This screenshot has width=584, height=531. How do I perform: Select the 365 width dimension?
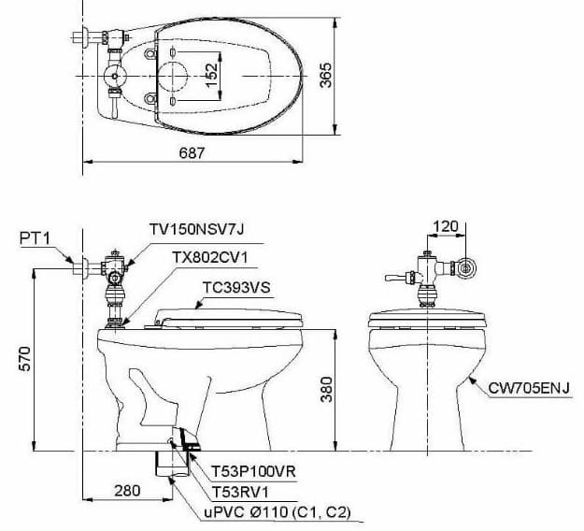point(325,75)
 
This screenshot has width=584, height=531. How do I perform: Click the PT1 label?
point(35,238)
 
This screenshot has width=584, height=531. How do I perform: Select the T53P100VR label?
point(249,472)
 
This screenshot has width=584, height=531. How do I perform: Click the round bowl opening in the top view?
point(174,76)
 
